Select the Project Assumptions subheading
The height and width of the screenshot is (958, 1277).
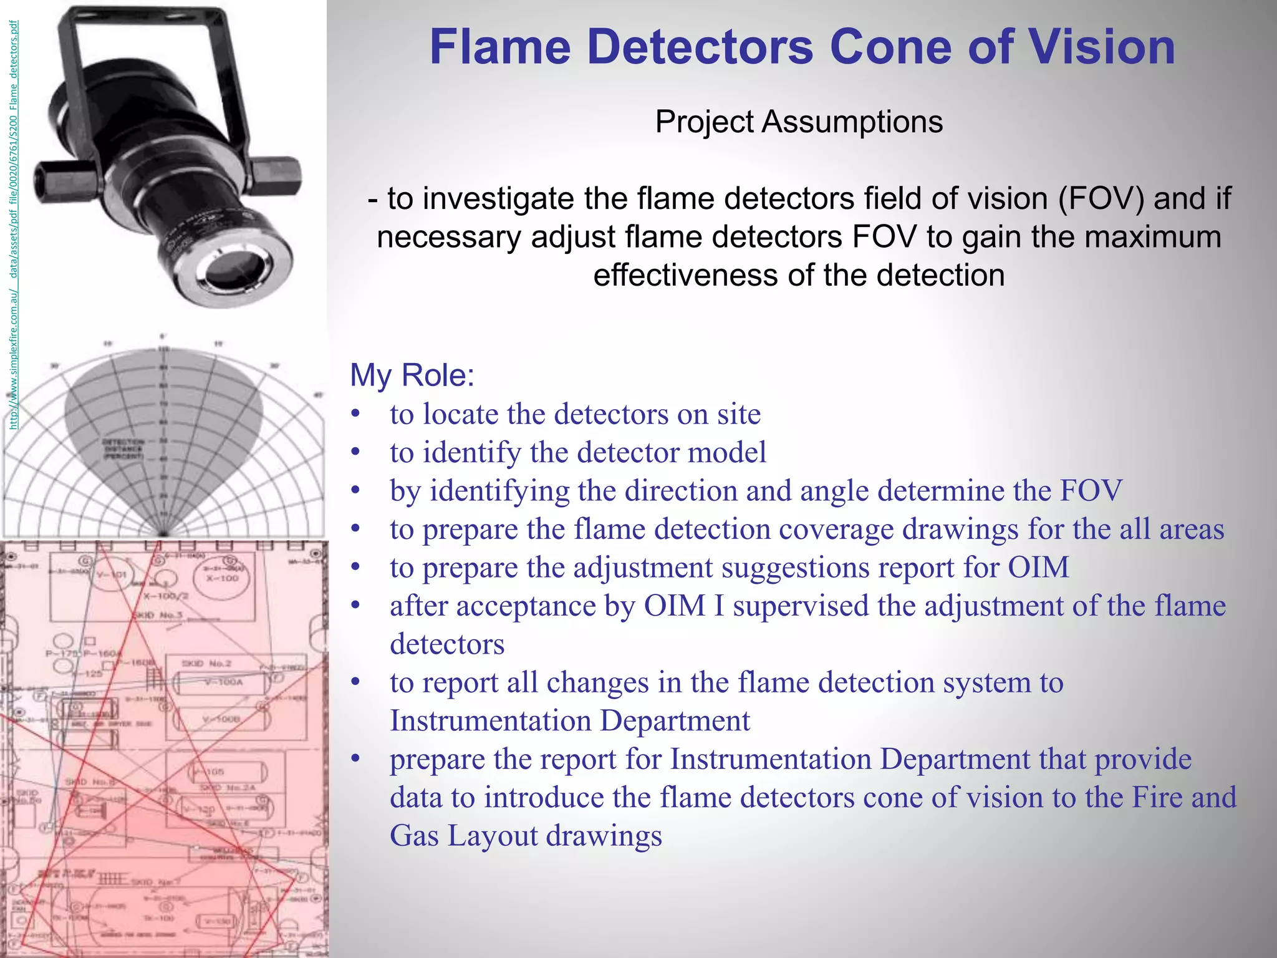pos(799,122)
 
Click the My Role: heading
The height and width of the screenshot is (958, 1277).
pos(412,375)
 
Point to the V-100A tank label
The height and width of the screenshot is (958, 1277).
pos(223,682)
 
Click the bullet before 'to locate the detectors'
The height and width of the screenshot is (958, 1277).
pos(355,414)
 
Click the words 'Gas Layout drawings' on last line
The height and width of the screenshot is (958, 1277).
pos(526,836)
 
